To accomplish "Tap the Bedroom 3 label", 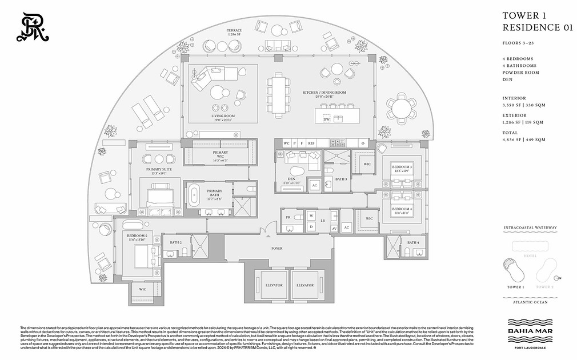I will pyautogui.click(x=402, y=167).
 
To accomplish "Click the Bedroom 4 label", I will pyautogui.click(x=402, y=210).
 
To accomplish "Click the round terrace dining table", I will pyautogui.click(x=402, y=106).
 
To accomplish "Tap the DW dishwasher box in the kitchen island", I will pyautogui.click(x=326, y=119).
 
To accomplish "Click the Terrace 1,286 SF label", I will pyautogui.click(x=234, y=32).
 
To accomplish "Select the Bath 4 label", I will pyautogui.click(x=414, y=242).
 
